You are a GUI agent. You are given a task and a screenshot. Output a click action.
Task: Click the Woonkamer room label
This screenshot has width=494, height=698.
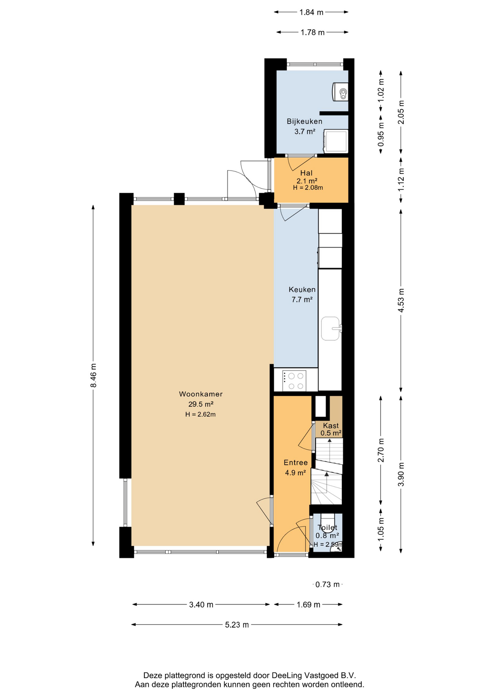pos(201,394)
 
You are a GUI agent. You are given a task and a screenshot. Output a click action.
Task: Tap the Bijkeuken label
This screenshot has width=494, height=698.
pos(304,121)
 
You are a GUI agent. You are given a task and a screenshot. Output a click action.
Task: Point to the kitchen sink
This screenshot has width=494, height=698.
pos(331,329)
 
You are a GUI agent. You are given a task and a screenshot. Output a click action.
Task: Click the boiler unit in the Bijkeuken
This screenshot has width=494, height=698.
pos(341,92)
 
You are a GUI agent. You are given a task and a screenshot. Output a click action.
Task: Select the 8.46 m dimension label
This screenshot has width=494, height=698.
pos(93,376)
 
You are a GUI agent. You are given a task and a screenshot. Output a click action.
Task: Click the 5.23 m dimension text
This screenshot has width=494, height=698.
pos(237,625)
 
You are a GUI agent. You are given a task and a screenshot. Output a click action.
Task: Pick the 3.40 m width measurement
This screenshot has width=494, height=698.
pos(201,605)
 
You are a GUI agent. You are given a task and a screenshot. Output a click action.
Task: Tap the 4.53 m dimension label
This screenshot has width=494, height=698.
pos(401,300)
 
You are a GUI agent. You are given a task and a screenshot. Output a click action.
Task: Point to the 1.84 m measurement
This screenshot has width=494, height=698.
pos(311,12)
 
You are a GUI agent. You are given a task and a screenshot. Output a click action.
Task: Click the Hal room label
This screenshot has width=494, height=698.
pos(306,173)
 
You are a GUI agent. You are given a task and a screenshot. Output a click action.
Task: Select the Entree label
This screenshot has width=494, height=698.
pos(296,462)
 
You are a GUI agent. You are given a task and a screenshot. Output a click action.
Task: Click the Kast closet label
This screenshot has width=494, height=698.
pos(331,425)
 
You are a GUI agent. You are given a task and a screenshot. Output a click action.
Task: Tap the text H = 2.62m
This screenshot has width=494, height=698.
pos(200,414)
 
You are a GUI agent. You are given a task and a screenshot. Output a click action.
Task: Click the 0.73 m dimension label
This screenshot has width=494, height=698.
pos(327,584)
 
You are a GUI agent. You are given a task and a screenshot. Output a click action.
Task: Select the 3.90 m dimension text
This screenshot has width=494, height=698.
pos(401,474)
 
